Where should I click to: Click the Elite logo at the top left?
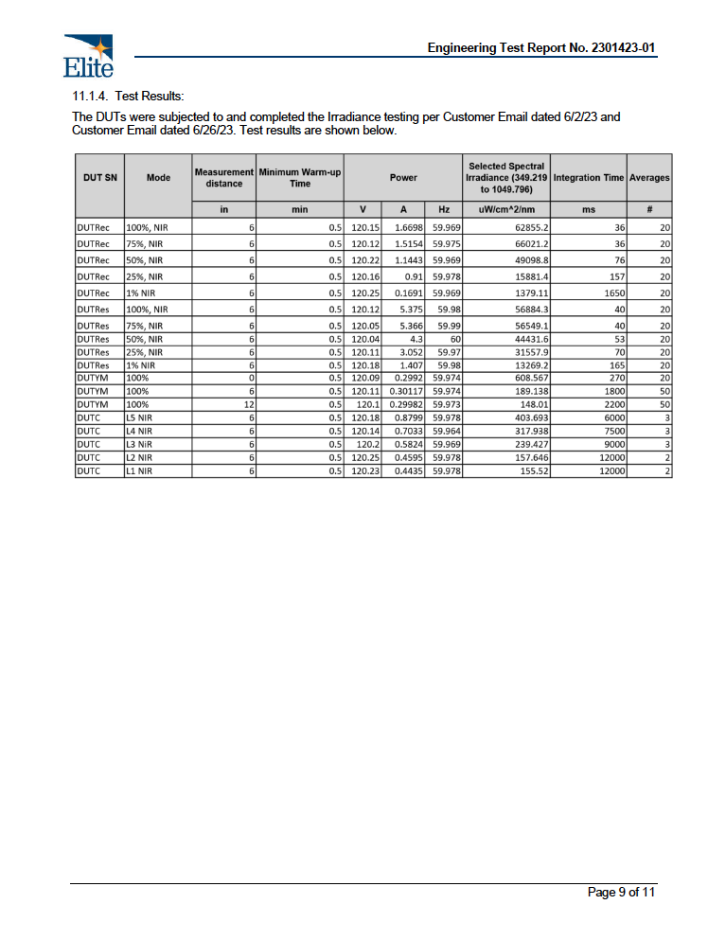pos(88,55)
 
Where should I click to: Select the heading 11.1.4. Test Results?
pos(128,97)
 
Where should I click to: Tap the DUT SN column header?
pos(98,177)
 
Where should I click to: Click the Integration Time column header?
pos(588,177)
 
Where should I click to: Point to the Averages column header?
pos(649,177)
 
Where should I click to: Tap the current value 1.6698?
pos(407,228)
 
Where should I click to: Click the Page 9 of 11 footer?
pos(621,892)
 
